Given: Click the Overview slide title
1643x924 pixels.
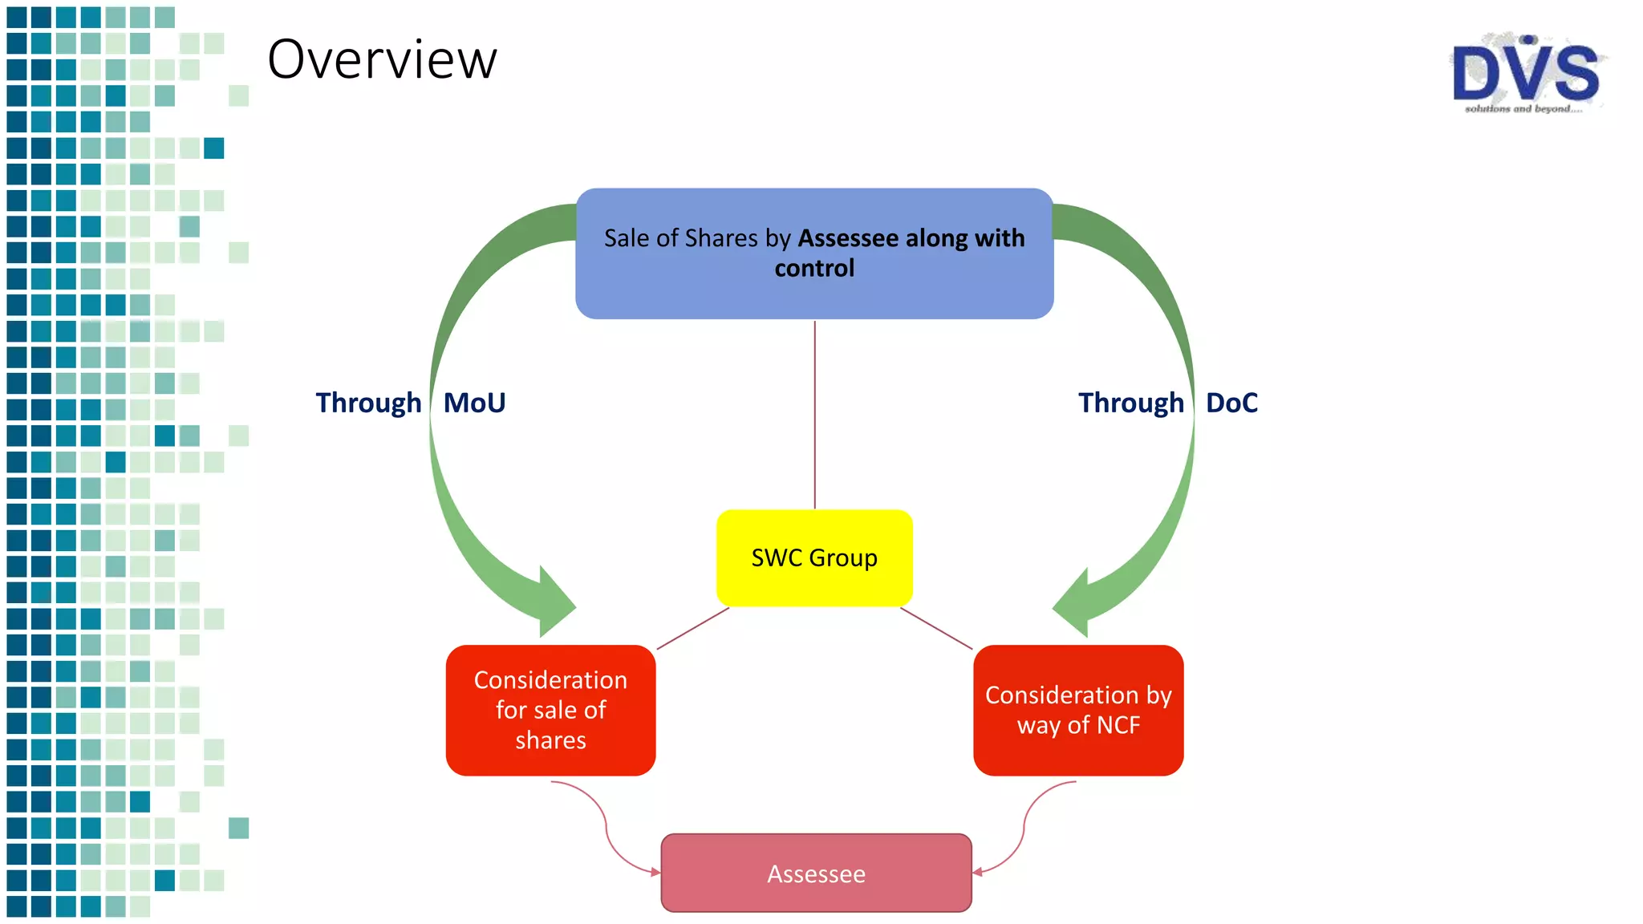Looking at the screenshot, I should pos(382,59).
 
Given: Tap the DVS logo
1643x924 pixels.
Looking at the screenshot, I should pos(1526,72).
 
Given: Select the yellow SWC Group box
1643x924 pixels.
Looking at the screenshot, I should pos(814,557).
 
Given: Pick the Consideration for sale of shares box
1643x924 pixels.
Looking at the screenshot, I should pos(550,710).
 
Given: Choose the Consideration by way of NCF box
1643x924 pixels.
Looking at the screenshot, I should pos(1078,710).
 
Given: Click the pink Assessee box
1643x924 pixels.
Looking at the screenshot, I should pos(816,873).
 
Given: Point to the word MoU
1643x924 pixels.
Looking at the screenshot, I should pos(474,403).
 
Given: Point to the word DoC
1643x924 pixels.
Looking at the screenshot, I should pos(1231,403).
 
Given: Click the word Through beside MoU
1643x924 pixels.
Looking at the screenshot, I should pos(368,403).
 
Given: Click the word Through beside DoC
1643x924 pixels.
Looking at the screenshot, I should pos(1130,403).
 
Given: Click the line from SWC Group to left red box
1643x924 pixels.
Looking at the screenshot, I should pos(693,628).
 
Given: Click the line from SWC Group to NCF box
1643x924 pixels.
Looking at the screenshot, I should pos(936,628).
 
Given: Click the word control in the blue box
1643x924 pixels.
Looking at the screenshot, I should pos(814,268).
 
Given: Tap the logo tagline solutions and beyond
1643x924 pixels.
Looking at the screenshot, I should pos(1522,108).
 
